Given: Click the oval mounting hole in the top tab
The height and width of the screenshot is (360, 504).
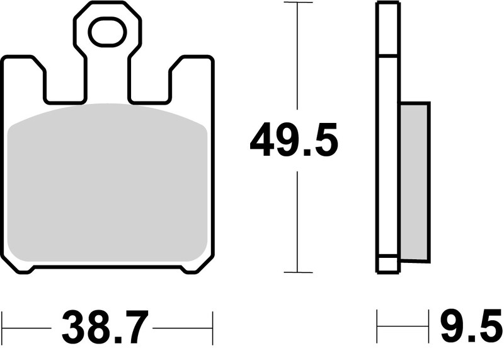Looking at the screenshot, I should point(106,32).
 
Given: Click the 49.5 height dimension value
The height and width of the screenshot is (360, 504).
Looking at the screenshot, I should point(294,141).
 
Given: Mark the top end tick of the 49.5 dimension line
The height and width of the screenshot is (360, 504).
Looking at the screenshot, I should point(297,3).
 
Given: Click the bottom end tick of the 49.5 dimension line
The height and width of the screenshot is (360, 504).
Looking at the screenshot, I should point(297,272).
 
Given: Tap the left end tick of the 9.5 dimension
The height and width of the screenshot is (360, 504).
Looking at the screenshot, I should point(377,327).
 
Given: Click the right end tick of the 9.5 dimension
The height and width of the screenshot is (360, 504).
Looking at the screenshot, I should point(429,327).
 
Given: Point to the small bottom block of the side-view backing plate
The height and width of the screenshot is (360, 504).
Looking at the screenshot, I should point(387,264).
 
